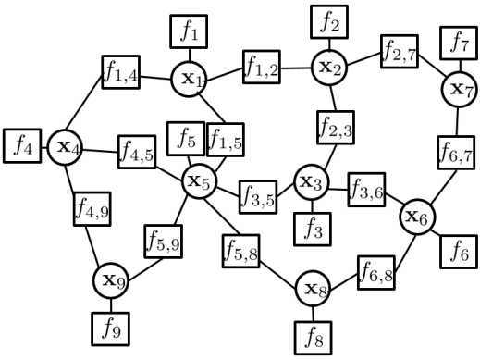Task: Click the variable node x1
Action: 189,79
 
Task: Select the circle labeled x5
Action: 198,180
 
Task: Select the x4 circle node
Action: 66,145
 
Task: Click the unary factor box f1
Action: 190,32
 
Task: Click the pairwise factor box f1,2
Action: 263,67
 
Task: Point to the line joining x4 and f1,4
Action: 87,112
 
